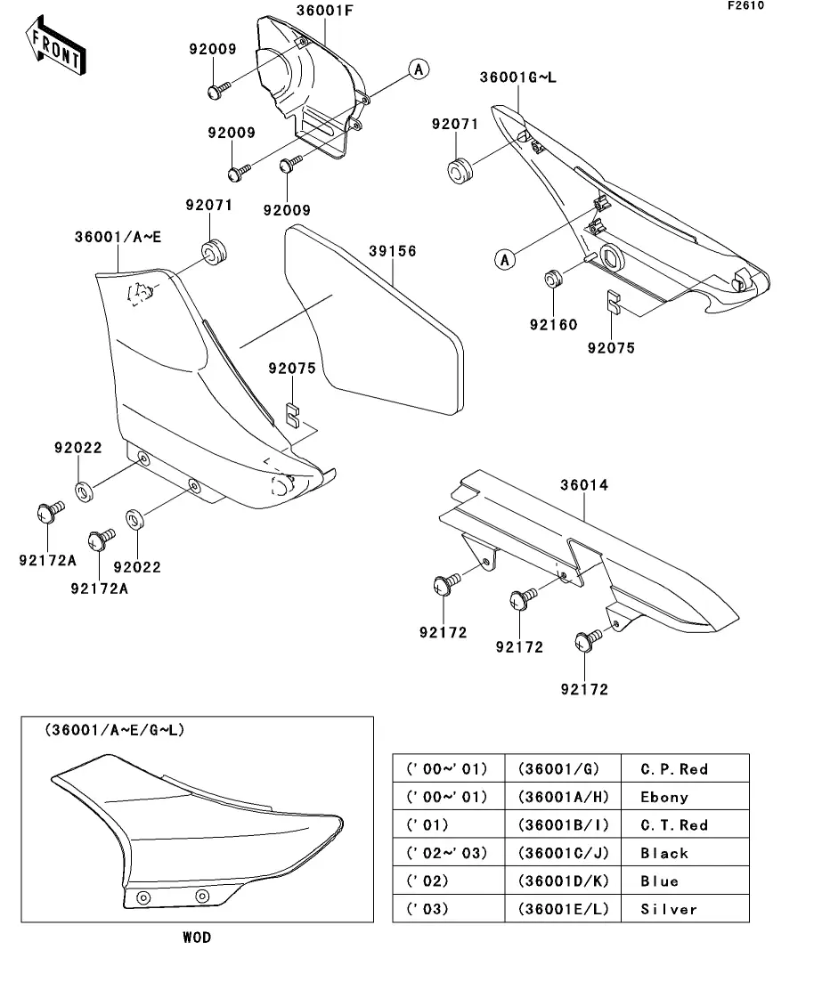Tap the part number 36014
point(584,486)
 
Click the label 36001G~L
point(518,77)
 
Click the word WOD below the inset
point(197,937)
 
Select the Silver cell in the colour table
point(668,909)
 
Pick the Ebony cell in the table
point(664,797)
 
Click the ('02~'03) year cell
point(447,853)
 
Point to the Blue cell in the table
point(659,881)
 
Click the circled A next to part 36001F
point(419,69)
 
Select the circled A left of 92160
point(505,260)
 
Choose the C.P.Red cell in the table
point(674,768)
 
